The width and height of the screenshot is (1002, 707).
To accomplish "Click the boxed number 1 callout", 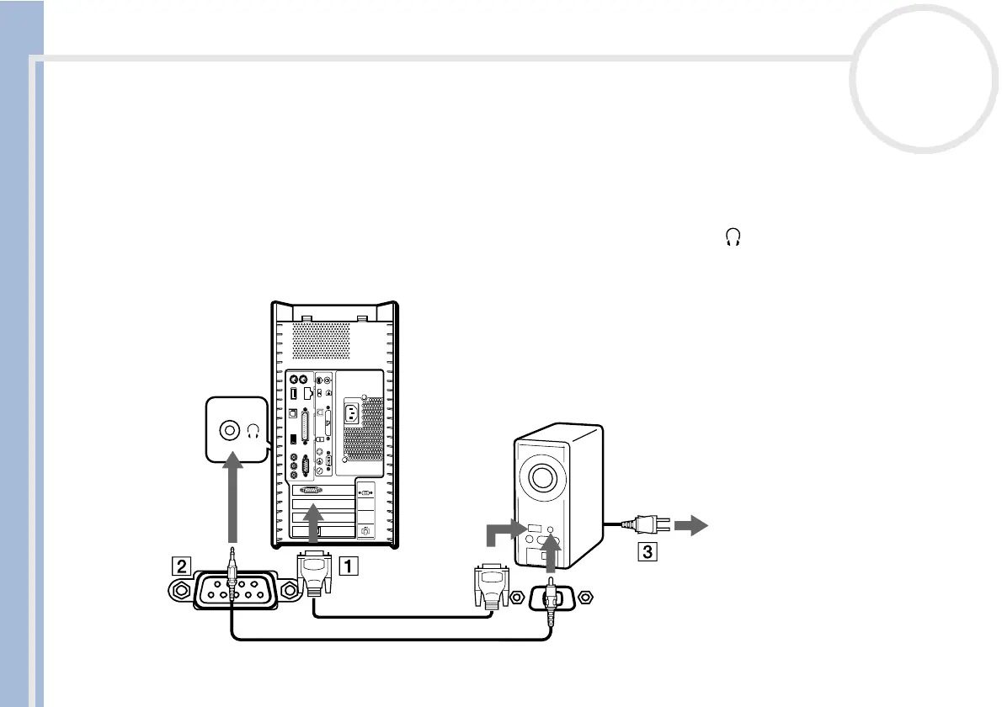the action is pos(347,566).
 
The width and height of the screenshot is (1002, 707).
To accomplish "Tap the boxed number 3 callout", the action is pos(646,553).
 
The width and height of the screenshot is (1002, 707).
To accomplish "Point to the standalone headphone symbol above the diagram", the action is pos(733,240).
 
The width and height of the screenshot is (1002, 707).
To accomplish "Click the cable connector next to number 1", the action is pos(313,572).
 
